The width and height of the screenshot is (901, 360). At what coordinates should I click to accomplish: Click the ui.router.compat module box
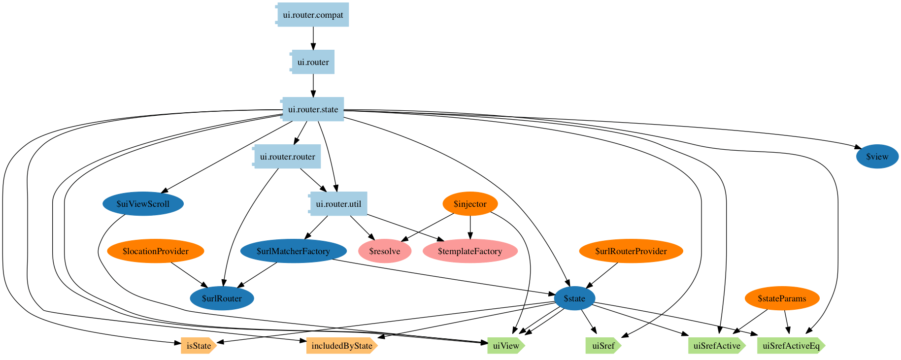point(313,15)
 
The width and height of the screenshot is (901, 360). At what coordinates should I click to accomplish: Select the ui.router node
point(313,62)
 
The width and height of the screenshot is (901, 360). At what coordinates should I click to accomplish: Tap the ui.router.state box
point(313,109)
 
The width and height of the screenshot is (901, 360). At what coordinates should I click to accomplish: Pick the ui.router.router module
point(287,157)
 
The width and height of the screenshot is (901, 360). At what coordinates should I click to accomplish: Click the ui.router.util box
point(338,204)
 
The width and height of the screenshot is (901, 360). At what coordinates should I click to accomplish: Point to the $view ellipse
point(877,157)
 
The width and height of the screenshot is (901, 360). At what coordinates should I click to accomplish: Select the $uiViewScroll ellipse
point(143,204)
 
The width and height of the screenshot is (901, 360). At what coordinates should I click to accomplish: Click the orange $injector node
point(470,204)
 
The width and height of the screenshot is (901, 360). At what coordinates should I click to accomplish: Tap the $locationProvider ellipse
point(155,251)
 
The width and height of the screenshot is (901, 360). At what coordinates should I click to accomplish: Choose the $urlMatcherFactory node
point(293,251)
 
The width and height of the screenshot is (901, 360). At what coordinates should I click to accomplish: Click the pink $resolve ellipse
point(384,251)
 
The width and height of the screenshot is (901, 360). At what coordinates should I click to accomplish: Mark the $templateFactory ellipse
point(470,251)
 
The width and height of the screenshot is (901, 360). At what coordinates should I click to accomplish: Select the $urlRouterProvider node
point(631,251)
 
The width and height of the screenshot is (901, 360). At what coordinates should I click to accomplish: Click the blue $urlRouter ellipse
point(222,298)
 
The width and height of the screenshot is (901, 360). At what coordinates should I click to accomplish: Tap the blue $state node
point(574,298)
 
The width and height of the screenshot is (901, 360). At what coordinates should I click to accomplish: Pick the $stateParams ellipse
point(782,298)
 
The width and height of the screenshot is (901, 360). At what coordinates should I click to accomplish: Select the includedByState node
point(341,346)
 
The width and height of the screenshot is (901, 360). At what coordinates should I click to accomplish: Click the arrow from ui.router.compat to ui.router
point(313,38)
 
